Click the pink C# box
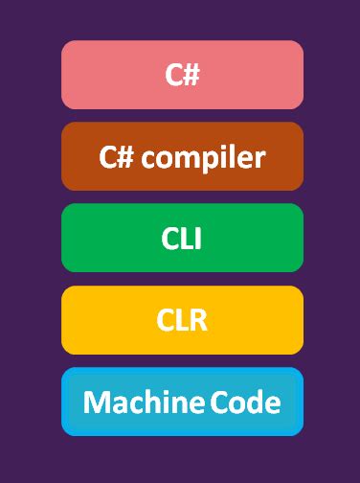(182, 75)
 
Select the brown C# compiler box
(182, 156)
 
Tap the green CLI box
(182, 238)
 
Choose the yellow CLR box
(182, 320)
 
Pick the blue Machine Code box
(182, 402)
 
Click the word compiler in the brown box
(203, 157)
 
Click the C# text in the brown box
(117, 156)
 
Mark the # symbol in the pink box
(191, 75)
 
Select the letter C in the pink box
(173, 75)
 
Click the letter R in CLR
(197, 320)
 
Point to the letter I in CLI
(198, 238)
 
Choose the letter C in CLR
(166, 320)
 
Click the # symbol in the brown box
(125, 156)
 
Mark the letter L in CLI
(186, 238)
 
